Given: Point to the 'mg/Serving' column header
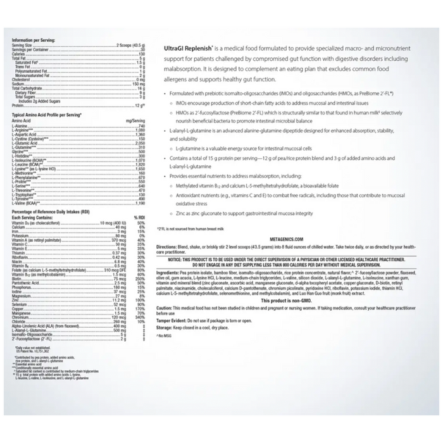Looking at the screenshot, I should point(135,120).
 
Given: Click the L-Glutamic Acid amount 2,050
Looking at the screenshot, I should point(139,143).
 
